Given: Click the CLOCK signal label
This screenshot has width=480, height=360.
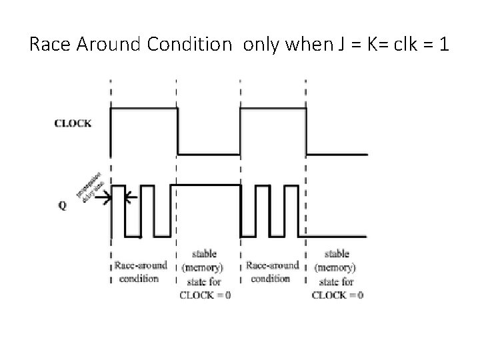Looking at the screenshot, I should click(73, 123).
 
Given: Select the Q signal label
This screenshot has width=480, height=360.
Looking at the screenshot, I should click(62, 205).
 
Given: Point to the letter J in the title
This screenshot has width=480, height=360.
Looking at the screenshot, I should click(333, 45).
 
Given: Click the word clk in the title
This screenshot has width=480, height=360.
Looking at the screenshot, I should click(407, 45).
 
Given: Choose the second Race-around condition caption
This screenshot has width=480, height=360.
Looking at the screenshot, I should click(273, 271).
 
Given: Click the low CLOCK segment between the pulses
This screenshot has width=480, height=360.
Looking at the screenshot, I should click(208, 154).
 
